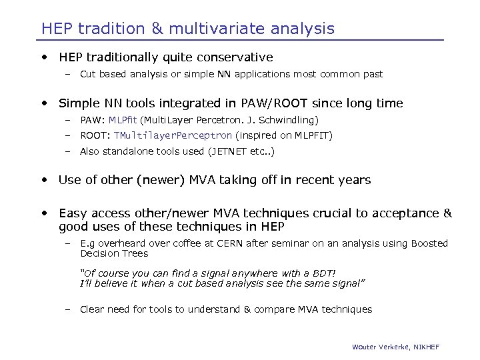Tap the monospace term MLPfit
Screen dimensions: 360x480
click(x=123, y=120)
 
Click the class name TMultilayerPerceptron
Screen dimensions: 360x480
click(x=173, y=135)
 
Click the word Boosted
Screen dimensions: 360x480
click(x=429, y=243)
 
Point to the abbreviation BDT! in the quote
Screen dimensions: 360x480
click(x=322, y=273)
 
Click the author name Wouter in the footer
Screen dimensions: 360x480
click(x=365, y=347)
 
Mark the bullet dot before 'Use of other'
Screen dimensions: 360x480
click(x=45, y=180)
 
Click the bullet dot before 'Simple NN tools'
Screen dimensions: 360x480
click(x=45, y=103)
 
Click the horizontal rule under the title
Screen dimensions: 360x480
click(x=240, y=40)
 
